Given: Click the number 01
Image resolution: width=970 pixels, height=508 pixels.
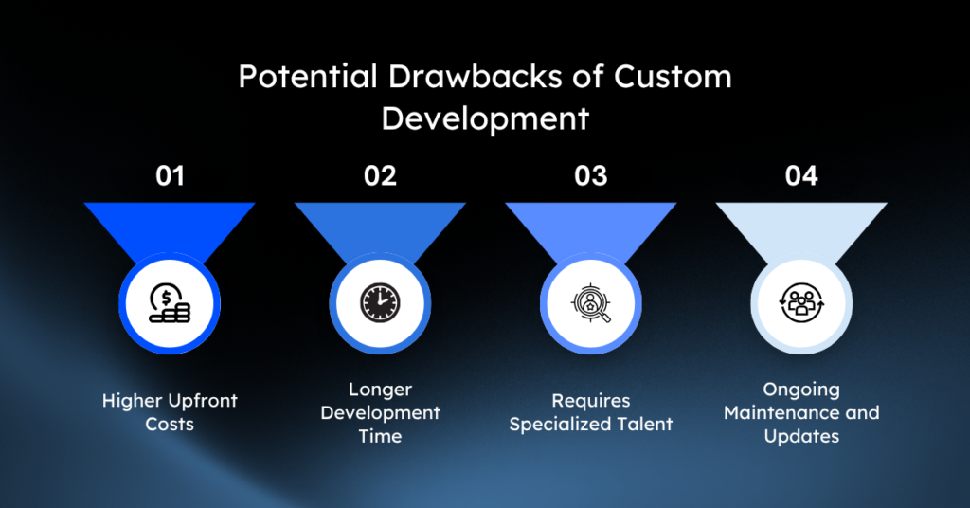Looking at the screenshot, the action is point(171,176).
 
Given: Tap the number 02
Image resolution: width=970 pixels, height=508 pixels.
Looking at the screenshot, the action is point(380,176).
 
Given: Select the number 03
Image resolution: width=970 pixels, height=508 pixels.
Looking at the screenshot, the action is point(591,176).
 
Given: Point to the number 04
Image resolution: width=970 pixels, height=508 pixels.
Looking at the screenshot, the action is point(801,176).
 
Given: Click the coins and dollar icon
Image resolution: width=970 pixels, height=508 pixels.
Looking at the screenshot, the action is point(170,303).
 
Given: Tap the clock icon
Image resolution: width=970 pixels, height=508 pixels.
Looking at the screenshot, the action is point(380,303).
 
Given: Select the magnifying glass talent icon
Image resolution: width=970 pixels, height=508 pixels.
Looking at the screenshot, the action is point(591,303).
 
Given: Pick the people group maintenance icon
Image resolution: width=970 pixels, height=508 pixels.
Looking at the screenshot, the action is point(801,303).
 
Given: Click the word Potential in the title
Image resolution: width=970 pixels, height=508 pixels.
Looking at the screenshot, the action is point(308,78).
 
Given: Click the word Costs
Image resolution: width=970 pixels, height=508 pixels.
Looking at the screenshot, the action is point(170,425).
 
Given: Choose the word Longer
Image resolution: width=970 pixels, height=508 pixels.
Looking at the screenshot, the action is point(380,390).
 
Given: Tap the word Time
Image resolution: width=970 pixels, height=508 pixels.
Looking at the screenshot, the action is point(380,436).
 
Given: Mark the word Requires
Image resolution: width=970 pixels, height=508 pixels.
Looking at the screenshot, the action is point(591,402).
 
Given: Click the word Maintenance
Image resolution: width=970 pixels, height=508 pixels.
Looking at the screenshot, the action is point(781,412).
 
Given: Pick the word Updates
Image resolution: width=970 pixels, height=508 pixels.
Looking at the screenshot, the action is point(801,437).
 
